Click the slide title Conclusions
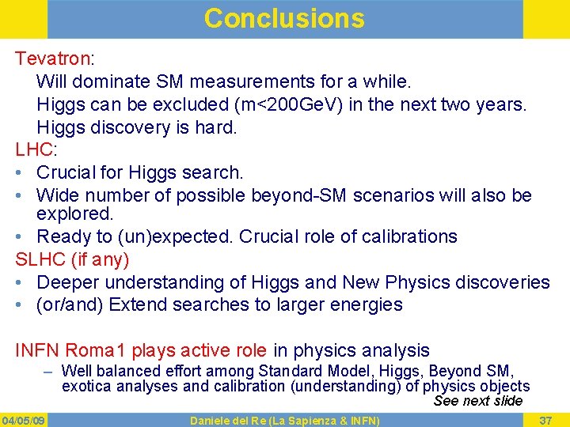point(284,18)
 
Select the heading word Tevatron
point(53,59)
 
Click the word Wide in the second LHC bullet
point(58,195)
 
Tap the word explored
point(75,214)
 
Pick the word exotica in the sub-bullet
point(86,387)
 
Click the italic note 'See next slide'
point(478,401)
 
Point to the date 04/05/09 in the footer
point(24,419)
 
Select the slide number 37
point(545,419)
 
